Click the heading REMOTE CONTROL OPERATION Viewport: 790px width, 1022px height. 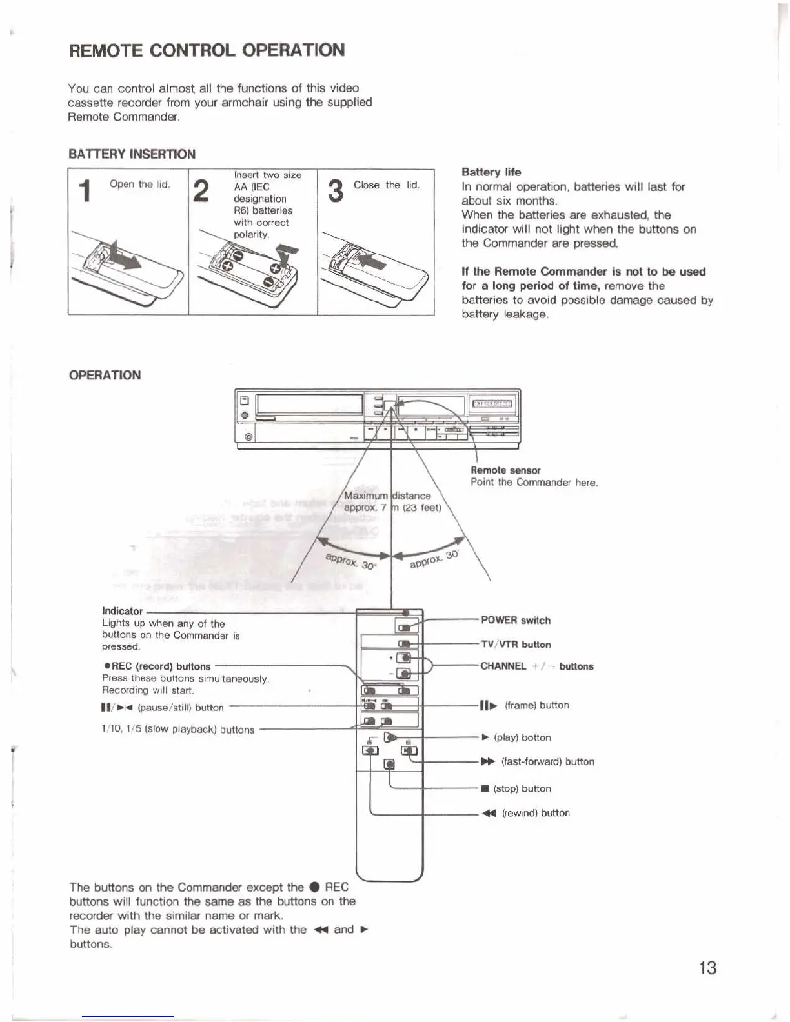[207, 50]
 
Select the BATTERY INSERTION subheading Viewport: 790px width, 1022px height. [132, 154]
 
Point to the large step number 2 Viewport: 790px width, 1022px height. [201, 191]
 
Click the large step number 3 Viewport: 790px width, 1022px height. [336, 191]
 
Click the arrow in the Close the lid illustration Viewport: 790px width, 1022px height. [370, 261]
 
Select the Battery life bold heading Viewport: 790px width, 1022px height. [491, 172]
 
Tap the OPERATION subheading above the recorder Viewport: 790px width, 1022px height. [105, 376]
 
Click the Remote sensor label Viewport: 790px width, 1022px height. [505, 470]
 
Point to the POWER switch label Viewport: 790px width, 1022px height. [516, 621]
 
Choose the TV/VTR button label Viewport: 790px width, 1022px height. [516, 645]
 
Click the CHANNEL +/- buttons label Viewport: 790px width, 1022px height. [536, 666]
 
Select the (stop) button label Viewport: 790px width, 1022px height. [516, 789]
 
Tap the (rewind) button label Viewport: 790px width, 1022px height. [526, 814]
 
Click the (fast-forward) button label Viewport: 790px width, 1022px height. [538, 762]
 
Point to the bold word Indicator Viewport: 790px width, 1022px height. [122, 611]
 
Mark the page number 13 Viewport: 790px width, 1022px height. [707, 968]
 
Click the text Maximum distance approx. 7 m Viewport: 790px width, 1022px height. [392, 501]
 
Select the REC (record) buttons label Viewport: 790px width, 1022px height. [157, 666]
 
